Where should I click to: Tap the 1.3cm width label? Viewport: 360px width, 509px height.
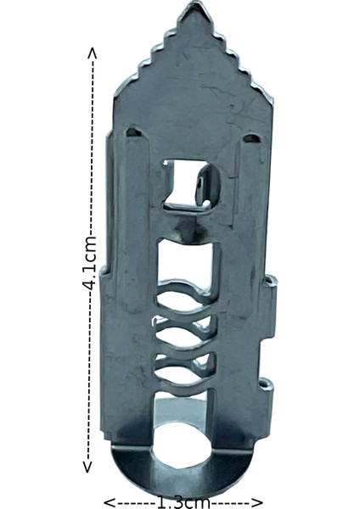tap(183, 501)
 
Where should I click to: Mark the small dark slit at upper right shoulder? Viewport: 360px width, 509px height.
tap(252, 137)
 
